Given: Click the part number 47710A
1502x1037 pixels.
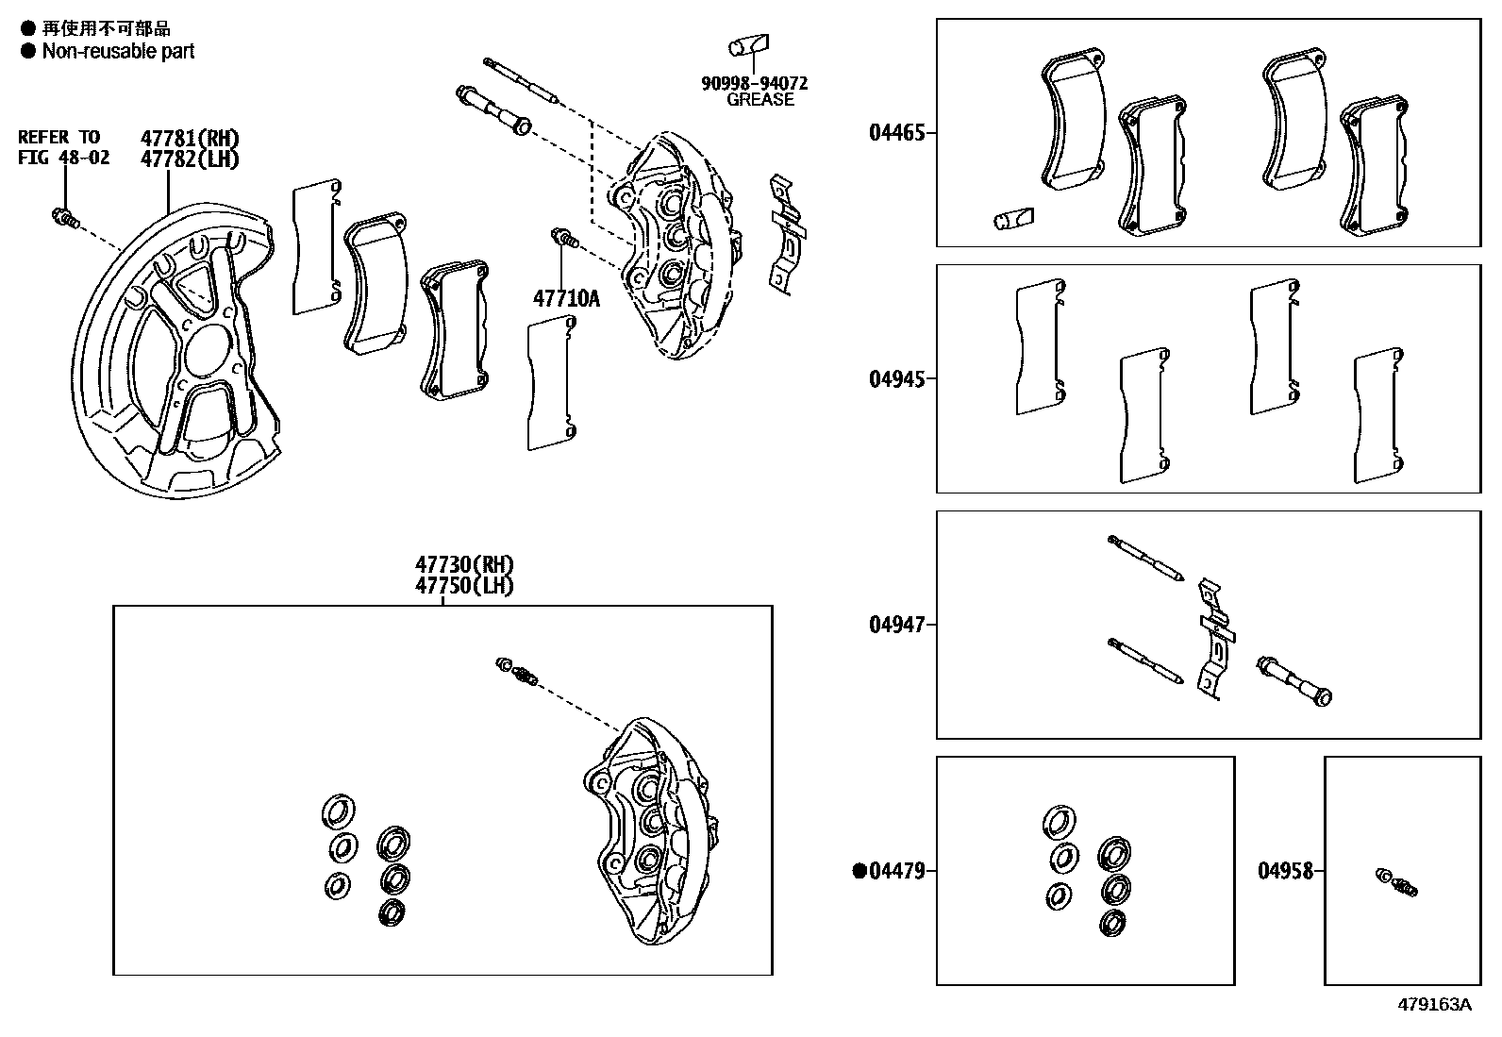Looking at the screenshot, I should click(566, 299).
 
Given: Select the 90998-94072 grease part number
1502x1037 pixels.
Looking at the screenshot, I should click(754, 83).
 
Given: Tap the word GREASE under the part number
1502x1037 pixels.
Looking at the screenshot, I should click(759, 100).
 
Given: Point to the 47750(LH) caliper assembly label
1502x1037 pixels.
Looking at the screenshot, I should click(464, 585).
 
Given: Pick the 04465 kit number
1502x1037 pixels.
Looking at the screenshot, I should click(896, 133).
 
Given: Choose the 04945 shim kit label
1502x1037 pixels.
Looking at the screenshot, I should click(896, 379).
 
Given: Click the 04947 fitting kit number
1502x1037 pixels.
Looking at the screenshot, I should click(896, 625).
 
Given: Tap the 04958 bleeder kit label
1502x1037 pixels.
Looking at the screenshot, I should click(1285, 871).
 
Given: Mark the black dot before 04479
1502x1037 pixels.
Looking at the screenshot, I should click(859, 871).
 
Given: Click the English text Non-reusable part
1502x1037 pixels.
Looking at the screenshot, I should click(118, 52).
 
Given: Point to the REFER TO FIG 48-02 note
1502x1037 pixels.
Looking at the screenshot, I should click(63, 148).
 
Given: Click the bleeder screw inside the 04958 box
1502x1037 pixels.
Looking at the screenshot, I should click(1397, 882).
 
